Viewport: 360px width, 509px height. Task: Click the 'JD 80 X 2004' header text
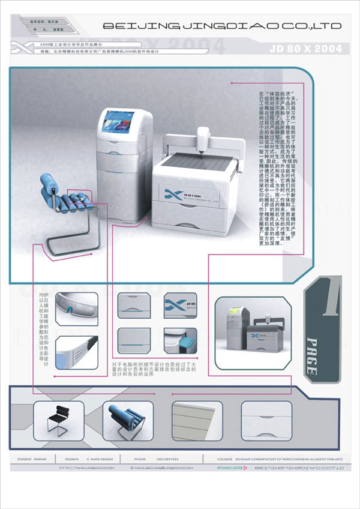(x=305, y=47)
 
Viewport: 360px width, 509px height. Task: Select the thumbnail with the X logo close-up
(x=180, y=305)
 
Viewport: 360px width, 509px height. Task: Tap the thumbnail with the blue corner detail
(x=180, y=340)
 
